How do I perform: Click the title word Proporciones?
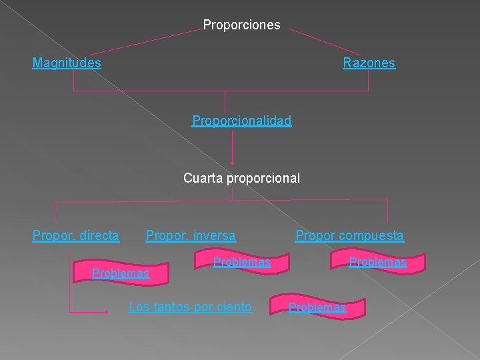click(x=241, y=25)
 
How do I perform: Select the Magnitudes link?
click(x=67, y=63)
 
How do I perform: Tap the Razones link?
click(x=369, y=63)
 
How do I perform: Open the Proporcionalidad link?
click(x=241, y=121)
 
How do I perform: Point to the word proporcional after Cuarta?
click(x=263, y=179)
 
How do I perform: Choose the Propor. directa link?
click(x=76, y=235)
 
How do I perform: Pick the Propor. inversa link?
click(x=191, y=235)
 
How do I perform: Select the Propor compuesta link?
click(x=349, y=235)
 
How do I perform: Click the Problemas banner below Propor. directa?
click(x=121, y=273)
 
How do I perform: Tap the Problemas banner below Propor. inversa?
click(x=241, y=263)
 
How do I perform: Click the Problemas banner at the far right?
click(x=378, y=263)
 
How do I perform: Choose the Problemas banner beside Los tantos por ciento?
click(x=317, y=307)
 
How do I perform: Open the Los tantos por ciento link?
click(x=190, y=307)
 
